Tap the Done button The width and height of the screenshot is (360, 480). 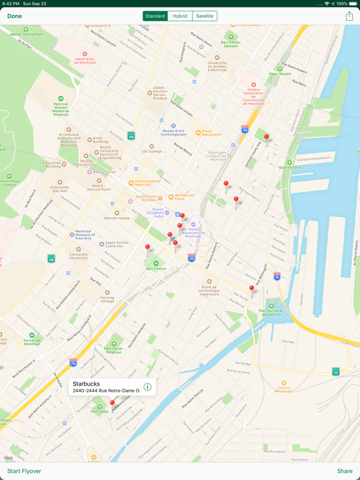[14, 16]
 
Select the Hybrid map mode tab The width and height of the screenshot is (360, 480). [180, 16]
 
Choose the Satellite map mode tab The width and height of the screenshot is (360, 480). [204, 16]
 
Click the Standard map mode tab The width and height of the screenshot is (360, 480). [155, 16]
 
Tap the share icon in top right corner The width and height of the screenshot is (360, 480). [349, 16]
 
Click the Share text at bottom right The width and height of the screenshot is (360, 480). [344, 471]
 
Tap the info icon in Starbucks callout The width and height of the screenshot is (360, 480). [147, 387]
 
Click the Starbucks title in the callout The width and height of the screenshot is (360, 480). [86, 384]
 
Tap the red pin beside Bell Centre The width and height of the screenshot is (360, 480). [147, 248]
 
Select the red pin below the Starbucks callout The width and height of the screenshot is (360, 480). [112, 404]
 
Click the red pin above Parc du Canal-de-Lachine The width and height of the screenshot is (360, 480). [252, 289]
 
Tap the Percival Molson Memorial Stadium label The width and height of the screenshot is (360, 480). [61, 107]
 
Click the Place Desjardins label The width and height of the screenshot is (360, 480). [211, 133]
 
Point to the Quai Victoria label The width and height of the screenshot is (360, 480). [290, 167]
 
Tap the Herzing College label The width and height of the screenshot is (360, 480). [107, 298]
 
